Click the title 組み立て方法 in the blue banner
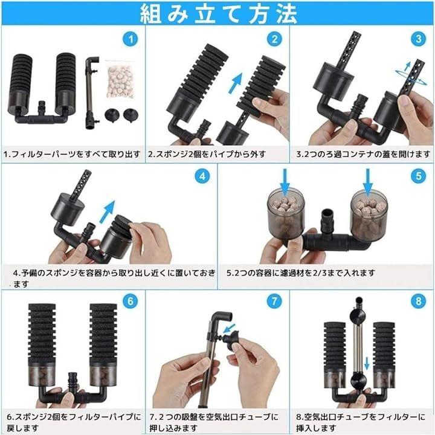219,14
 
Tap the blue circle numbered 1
130,39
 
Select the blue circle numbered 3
418,39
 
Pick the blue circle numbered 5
418,176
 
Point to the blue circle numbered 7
274,301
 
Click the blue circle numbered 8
418,301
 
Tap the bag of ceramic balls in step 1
120,80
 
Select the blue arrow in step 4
108,211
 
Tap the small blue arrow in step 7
229,329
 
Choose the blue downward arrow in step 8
367,364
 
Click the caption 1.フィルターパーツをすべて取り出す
72,154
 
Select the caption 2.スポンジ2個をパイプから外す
207,154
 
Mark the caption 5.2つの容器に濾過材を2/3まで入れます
301,273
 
